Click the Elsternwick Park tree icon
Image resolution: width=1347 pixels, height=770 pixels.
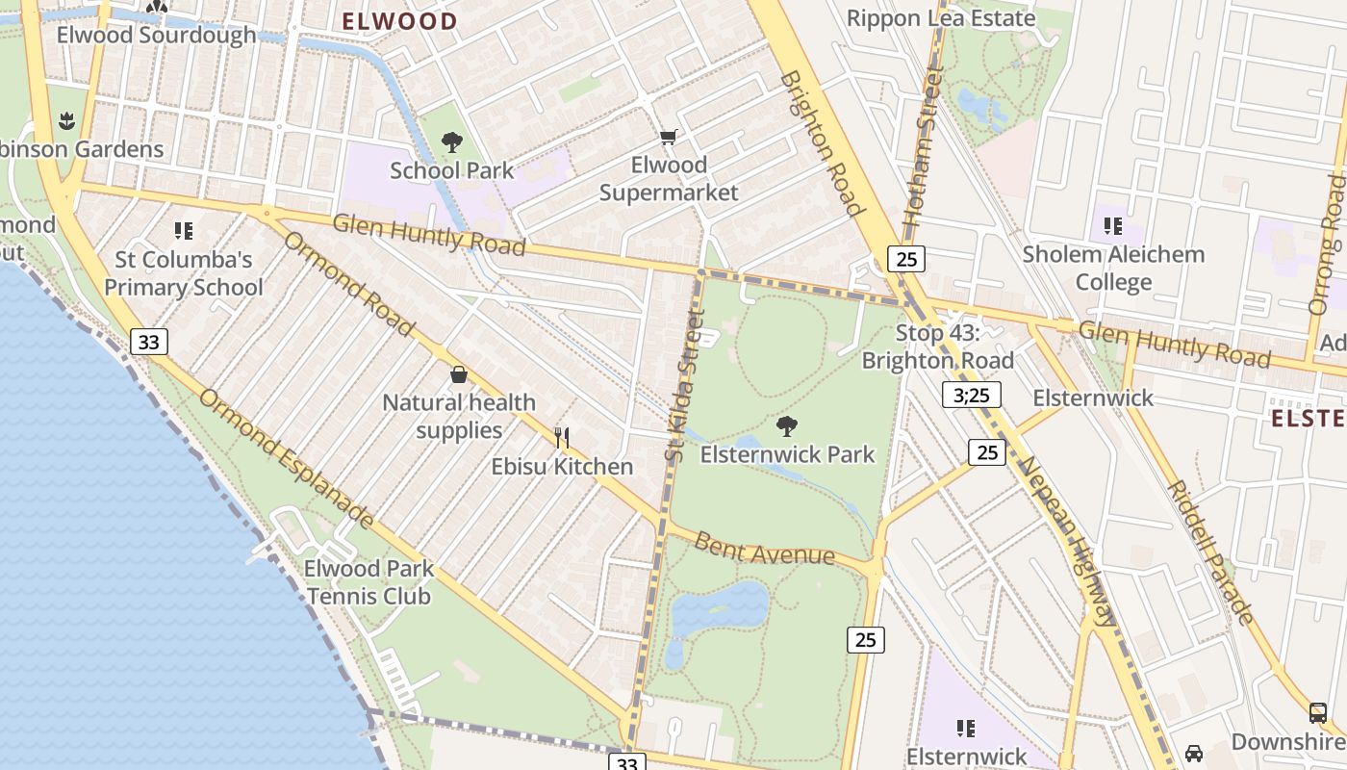point(787,425)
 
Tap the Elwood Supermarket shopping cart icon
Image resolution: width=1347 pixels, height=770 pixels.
point(668,138)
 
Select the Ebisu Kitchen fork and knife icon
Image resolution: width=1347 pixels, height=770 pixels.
point(562,438)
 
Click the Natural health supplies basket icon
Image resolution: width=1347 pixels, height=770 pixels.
point(459,373)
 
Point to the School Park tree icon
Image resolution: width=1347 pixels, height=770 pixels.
point(451,143)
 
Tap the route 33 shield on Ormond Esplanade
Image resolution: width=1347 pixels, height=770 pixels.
point(148,341)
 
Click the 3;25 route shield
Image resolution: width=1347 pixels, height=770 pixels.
point(972,395)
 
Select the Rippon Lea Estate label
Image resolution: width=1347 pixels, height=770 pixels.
point(941,17)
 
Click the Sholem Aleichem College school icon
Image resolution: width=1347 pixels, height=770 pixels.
point(1113,226)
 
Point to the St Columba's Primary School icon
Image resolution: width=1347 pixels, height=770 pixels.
point(183,230)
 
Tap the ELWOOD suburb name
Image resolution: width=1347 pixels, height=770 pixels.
point(400,21)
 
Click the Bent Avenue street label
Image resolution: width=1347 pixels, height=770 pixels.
point(764,550)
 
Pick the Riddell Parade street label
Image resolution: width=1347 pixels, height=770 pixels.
point(1210,552)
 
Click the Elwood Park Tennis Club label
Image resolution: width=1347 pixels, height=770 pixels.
point(369,582)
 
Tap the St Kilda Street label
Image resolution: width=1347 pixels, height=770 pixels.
point(684,385)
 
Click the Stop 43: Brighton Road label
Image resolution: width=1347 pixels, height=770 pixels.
point(937,346)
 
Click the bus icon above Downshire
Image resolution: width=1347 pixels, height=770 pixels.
point(1318,713)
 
